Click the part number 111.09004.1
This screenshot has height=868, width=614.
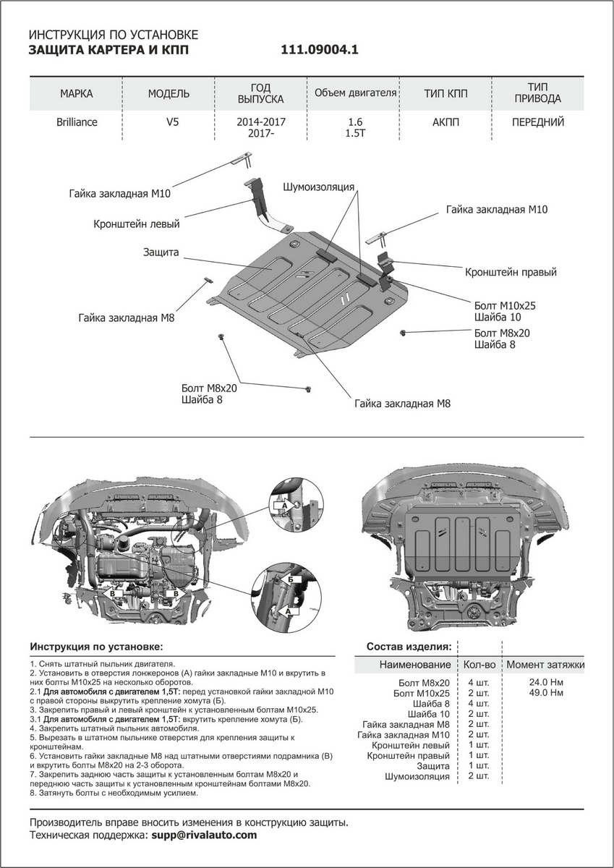tap(319, 51)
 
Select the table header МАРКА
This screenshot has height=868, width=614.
tap(76, 94)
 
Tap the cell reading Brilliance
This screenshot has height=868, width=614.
tap(77, 122)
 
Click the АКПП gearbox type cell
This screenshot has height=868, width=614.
tap(445, 122)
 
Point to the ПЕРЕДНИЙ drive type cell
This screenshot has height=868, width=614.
tap(537, 122)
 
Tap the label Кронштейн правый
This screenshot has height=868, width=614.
tap(511, 273)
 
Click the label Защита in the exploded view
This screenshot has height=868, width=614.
tap(161, 252)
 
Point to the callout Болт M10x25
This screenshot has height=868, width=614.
tap(505, 305)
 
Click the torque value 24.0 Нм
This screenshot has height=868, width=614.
tap(546, 682)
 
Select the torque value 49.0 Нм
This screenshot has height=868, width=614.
tap(546, 693)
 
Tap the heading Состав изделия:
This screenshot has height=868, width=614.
tap(409, 646)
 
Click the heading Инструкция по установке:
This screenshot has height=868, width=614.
tap(97, 646)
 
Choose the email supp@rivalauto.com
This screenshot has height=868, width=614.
tap(203, 835)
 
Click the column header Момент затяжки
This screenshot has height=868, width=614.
tap(546, 664)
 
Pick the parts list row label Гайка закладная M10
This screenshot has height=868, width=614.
tap(404, 735)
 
